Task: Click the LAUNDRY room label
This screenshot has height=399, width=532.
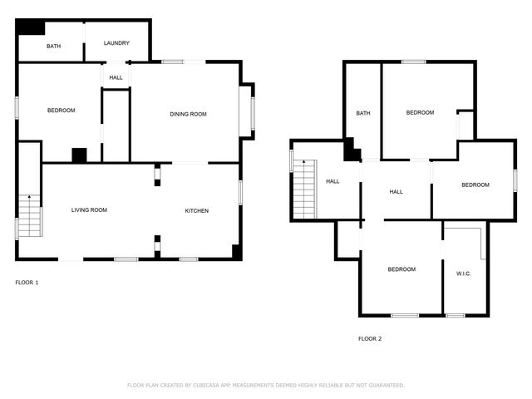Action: pyautogui.click(x=116, y=43)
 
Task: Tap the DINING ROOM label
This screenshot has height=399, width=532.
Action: pyautogui.click(x=188, y=114)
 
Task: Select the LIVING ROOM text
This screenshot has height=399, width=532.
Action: pyautogui.click(x=89, y=210)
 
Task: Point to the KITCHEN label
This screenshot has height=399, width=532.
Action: pyautogui.click(x=196, y=210)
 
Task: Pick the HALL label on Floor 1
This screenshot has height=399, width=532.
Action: pyautogui.click(x=116, y=77)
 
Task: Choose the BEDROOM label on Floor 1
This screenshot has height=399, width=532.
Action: pyautogui.click(x=61, y=111)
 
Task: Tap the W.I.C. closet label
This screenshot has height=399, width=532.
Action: pyautogui.click(x=463, y=273)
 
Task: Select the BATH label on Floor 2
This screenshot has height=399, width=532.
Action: pyautogui.click(x=363, y=113)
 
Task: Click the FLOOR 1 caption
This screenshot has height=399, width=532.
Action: pyautogui.click(x=27, y=283)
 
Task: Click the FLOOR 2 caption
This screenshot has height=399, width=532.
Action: pyautogui.click(x=370, y=338)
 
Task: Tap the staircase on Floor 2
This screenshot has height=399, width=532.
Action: pyautogui.click(x=304, y=190)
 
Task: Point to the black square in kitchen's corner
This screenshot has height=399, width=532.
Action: pyautogui.click(x=237, y=252)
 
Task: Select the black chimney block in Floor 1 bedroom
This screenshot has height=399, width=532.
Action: pyautogui.click(x=79, y=155)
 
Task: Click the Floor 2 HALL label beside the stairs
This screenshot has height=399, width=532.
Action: pyautogui.click(x=332, y=181)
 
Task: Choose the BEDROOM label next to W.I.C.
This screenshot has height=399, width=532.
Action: pyautogui.click(x=401, y=268)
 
